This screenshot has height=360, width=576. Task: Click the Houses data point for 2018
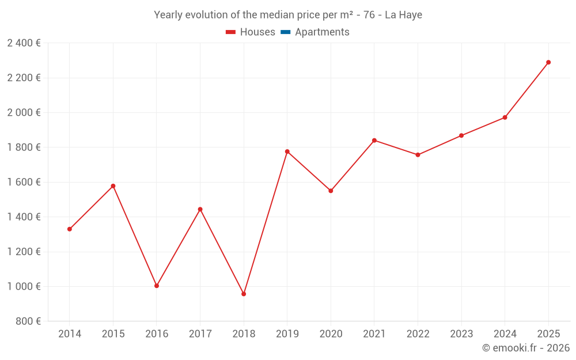(x=244, y=294)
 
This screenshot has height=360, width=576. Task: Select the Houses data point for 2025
(x=548, y=62)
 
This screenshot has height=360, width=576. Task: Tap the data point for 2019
(x=287, y=151)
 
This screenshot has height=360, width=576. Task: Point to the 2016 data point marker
(x=157, y=286)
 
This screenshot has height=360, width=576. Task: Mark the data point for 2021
(x=374, y=141)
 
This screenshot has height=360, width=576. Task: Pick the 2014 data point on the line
(x=70, y=229)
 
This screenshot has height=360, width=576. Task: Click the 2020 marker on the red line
(x=331, y=191)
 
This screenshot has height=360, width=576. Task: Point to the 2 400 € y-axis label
(x=24, y=43)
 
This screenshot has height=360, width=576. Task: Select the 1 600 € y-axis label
(x=24, y=182)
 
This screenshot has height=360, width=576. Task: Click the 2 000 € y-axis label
(x=24, y=112)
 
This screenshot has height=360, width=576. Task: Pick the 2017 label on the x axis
(x=200, y=334)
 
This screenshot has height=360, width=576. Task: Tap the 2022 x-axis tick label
(x=418, y=334)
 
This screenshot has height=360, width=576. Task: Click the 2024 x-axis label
(x=505, y=334)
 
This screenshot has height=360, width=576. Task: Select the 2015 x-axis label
(x=113, y=334)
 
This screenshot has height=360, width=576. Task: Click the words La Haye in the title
(x=403, y=15)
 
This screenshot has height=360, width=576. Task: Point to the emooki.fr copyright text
(x=526, y=348)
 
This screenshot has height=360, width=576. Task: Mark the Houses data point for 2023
(x=461, y=135)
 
